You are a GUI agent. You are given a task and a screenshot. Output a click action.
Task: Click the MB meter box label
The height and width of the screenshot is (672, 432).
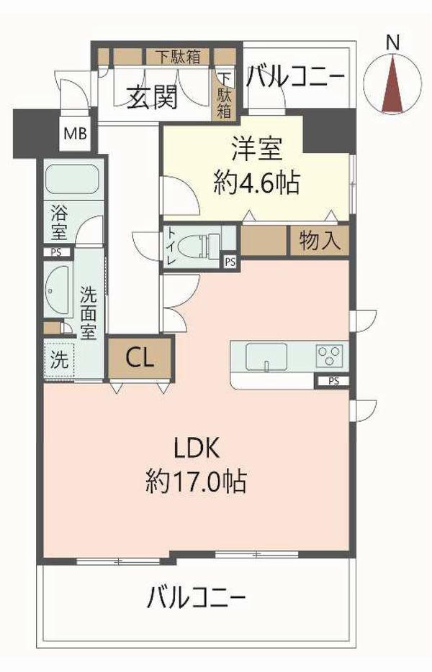[75, 134]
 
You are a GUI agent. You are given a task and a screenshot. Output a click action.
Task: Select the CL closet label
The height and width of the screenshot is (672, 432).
[140, 357]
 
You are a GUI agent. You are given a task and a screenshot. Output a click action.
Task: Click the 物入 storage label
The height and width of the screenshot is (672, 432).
[320, 240]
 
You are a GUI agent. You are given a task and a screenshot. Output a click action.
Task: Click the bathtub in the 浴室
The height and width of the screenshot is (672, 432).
[71, 179]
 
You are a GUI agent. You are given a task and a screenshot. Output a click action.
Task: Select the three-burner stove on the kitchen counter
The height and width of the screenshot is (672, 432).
[330, 355]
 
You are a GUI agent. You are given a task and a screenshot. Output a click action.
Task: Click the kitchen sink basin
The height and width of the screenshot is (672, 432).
[266, 356]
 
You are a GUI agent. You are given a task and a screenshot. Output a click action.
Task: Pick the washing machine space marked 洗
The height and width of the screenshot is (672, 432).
[60, 359]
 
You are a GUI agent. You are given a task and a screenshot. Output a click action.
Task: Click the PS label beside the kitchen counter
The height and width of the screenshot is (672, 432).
[333, 381]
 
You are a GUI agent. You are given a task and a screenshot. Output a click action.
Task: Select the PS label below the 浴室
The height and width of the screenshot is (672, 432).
[56, 252]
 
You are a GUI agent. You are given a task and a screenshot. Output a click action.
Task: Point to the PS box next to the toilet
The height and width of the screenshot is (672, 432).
[230, 262]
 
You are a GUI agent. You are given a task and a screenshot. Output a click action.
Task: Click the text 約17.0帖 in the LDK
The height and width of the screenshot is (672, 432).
[195, 481]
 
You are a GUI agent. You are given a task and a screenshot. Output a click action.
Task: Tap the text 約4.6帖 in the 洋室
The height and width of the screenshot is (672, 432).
[256, 183]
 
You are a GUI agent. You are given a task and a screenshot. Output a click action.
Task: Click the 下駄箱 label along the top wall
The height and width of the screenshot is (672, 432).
[178, 57]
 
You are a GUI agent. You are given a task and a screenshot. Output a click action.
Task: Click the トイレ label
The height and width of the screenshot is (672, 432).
[171, 247]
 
